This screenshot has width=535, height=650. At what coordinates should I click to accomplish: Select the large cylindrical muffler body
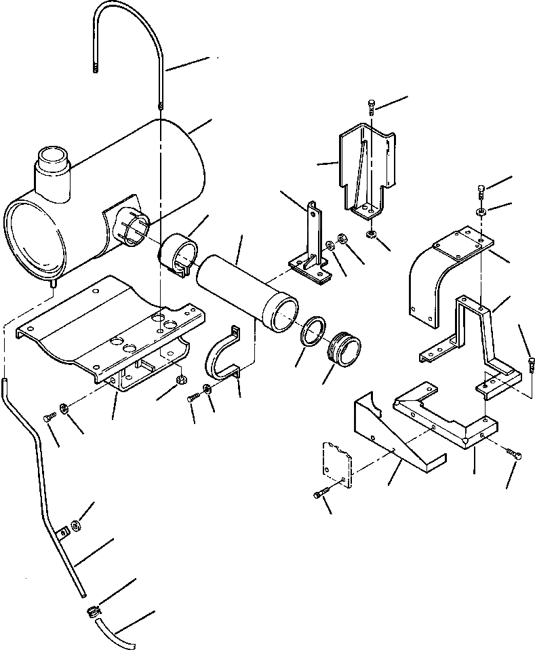coord(136,183)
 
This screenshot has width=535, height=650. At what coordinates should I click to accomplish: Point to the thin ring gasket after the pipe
coord(312,333)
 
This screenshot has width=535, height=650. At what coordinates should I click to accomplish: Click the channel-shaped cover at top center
coord(366,170)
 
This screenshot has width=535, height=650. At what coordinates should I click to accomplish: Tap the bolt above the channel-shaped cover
coord(372,107)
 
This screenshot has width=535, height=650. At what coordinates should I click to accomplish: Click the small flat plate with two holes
coord(336,461)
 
